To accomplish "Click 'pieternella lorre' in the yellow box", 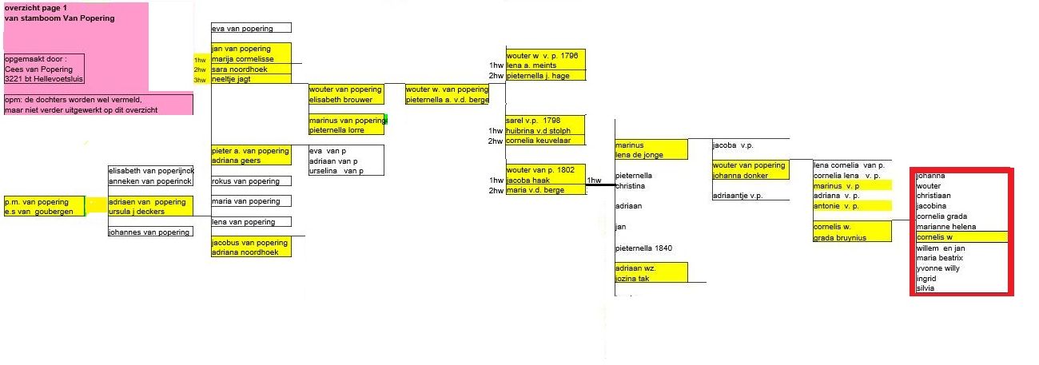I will pyautogui.click(x=338, y=129).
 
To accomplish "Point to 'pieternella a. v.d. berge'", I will pyautogui.click(x=446, y=100).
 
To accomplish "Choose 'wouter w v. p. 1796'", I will pyautogui.click(x=541, y=55).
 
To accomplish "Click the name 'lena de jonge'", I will pyautogui.click(x=639, y=155).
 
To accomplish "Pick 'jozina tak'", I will pyautogui.click(x=632, y=278).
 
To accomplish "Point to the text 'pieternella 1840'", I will pyautogui.click(x=643, y=248).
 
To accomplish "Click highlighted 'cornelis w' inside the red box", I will pyautogui.click(x=934, y=237).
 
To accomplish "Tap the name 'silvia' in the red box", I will pyautogui.click(x=926, y=288).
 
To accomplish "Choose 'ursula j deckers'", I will pyautogui.click(x=137, y=212).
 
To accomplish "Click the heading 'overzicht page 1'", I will pyautogui.click(x=36, y=7).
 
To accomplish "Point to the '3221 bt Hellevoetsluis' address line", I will pyautogui.click(x=44, y=79).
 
